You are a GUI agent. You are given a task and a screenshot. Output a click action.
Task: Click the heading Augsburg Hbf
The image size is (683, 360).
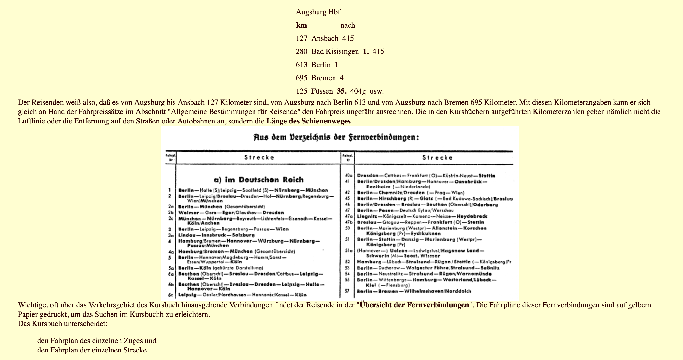[x=318, y=12]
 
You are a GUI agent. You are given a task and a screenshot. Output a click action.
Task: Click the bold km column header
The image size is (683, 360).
[x=302, y=25]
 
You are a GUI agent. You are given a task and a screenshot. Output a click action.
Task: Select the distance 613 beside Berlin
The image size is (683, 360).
[x=302, y=65]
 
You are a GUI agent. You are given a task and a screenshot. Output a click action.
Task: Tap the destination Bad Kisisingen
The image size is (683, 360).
[x=335, y=51]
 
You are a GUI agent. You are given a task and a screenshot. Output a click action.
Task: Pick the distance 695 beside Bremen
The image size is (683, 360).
[x=302, y=78]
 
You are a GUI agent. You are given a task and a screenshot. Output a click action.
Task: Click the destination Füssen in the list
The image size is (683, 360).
[x=322, y=91]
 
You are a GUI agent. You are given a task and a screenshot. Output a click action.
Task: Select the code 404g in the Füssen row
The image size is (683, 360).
[x=358, y=91]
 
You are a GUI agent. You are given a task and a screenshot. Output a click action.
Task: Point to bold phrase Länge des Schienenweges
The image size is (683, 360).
[x=309, y=121]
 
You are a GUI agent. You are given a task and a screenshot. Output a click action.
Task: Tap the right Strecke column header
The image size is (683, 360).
[x=437, y=158]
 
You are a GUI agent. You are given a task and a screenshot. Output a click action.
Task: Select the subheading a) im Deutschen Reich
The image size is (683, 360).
[x=259, y=180]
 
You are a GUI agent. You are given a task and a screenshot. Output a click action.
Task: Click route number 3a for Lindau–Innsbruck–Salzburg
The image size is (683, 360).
[x=171, y=235]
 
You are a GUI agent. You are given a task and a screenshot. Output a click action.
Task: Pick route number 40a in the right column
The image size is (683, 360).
[x=348, y=176]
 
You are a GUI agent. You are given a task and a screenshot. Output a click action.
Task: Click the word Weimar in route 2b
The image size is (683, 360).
[x=187, y=213]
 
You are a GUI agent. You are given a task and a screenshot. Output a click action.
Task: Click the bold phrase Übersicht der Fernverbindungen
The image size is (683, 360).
[x=414, y=305]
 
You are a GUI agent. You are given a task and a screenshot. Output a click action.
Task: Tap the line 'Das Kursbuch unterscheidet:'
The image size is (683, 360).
[x=63, y=324]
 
